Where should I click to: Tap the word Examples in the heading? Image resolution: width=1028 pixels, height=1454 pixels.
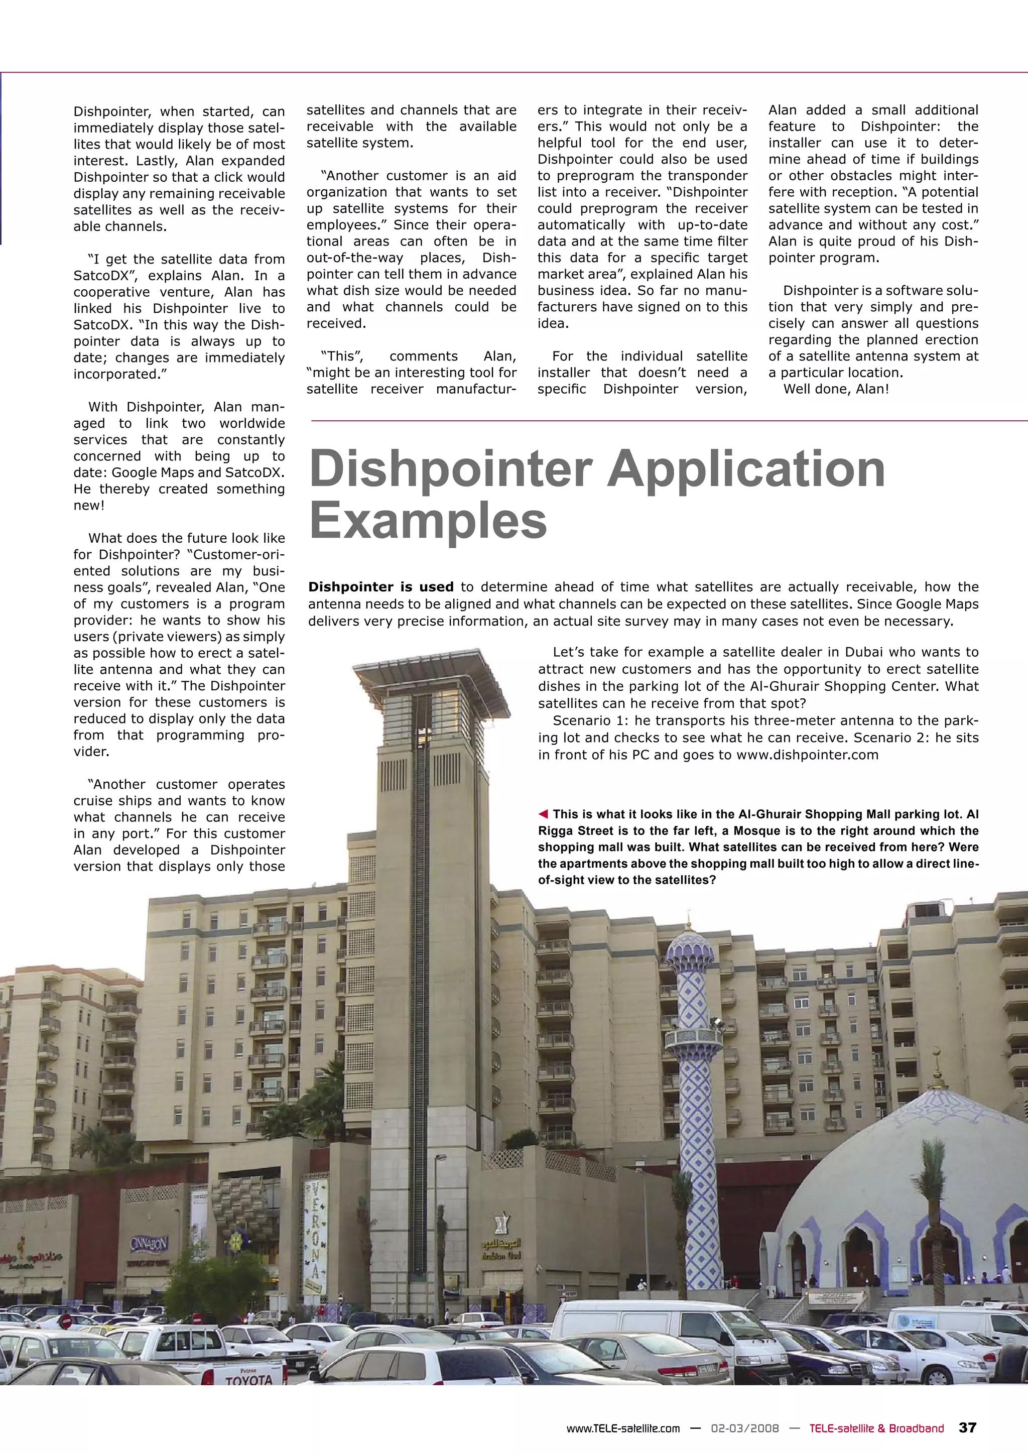(x=428, y=521)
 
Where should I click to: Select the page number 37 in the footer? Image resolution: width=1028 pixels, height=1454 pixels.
(x=968, y=1427)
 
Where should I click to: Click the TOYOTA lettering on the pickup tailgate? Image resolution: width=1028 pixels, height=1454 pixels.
(x=249, y=1379)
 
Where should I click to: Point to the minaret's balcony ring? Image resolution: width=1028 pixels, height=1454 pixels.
(x=694, y=1037)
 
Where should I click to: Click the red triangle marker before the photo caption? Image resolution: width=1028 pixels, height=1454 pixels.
(x=543, y=814)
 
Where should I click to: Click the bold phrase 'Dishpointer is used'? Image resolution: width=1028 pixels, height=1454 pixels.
(x=380, y=587)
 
